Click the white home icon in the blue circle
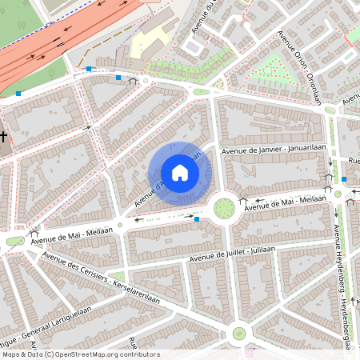180,173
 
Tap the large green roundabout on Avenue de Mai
223,208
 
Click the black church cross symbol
4,137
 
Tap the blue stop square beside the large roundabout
197,218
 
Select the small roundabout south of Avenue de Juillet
238,333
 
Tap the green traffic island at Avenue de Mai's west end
14,241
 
